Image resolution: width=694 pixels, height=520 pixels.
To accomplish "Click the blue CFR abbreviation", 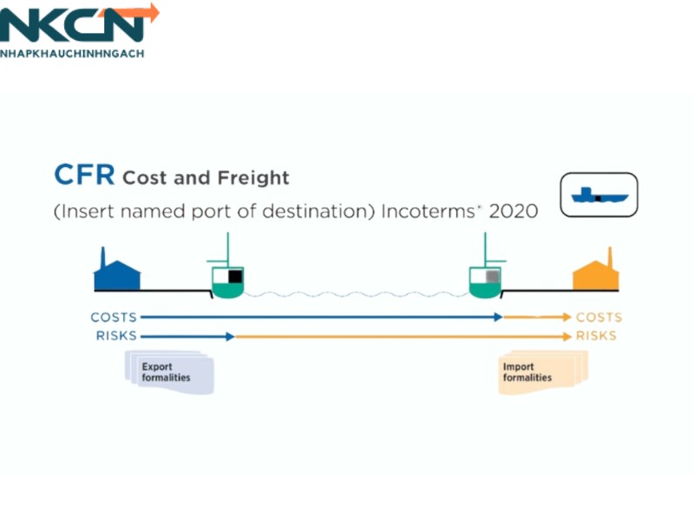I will pyautogui.click(x=84, y=175).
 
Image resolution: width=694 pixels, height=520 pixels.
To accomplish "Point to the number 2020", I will pyautogui.click(x=514, y=211).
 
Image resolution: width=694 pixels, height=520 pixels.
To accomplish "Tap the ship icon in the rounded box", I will pyautogui.click(x=599, y=194).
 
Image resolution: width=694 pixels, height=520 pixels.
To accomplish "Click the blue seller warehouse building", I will pyautogui.click(x=117, y=272).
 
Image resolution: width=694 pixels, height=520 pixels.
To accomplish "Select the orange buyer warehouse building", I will pyautogui.click(x=595, y=272).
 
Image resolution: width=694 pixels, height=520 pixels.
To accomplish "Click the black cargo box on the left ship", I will pyautogui.click(x=235, y=276).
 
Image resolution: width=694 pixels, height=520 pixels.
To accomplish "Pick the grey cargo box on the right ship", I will pyautogui.click(x=492, y=276).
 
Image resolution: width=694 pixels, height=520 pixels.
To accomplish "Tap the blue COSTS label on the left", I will pyautogui.click(x=114, y=317).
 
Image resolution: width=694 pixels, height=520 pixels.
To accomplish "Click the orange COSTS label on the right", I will pyautogui.click(x=599, y=317).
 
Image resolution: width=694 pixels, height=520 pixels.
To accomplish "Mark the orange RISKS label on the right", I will pyautogui.click(x=597, y=335).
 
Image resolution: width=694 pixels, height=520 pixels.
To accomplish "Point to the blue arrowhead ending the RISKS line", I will pyautogui.click(x=230, y=335).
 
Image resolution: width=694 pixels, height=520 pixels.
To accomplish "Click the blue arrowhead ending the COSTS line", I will pyautogui.click(x=498, y=317).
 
